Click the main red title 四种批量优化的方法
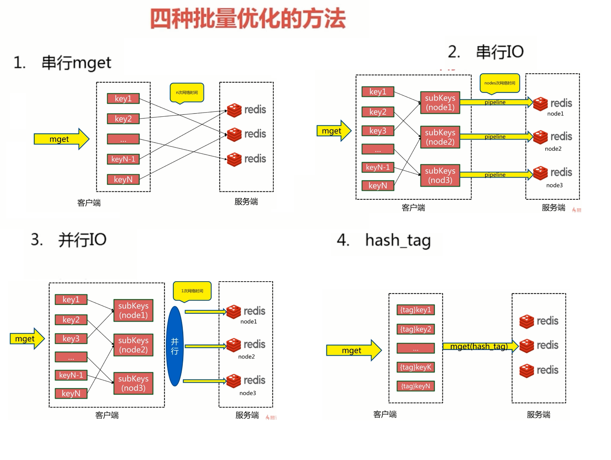click(x=248, y=19)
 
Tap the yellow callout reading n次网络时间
click(x=187, y=92)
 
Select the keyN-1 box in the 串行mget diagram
click(x=123, y=159)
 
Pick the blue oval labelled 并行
click(x=175, y=346)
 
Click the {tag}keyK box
click(x=415, y=367)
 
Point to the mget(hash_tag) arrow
click(x=479, y=346)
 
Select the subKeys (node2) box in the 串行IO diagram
click(x=440, y=137)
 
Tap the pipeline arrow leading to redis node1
click(x=495, y=102)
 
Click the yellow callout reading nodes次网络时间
click(x=500, y=83)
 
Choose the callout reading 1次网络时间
click(x=192, y=291)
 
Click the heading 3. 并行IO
click(x=69, y=240)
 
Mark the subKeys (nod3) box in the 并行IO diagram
click(x=133, y=383)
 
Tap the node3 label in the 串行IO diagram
click(x=554, y=185)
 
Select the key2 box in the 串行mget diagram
click(x=123, y=119)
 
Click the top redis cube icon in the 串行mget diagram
click(x=234, y=110)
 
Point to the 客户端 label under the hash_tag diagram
click(x=385, y=414)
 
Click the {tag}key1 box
click(x=415, y=310)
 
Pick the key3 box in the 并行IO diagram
click(x=71, y=339)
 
